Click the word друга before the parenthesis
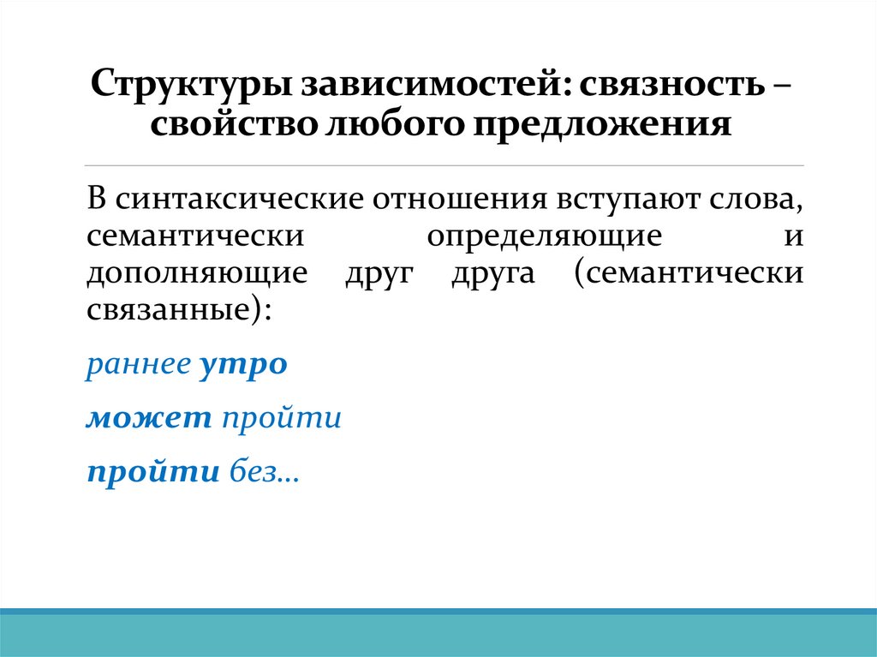pos(492,274)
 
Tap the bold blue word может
pos(149,418)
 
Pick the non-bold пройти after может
pos(282,418)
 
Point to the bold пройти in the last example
pos(153,473)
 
